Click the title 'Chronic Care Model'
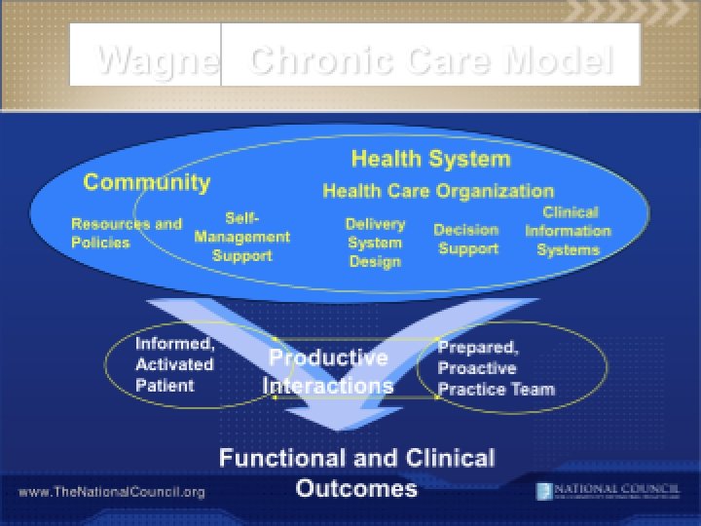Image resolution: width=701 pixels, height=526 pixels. [430, 60]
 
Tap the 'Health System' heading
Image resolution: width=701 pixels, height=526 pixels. [430, 159]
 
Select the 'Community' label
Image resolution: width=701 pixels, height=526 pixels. [146, 182]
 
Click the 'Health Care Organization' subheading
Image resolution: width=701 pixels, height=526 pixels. [438, 191]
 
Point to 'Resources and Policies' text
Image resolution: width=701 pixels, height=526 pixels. [126, 232]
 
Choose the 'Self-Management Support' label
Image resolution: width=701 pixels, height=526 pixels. [241, 237]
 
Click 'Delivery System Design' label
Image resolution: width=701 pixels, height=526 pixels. [375, 243]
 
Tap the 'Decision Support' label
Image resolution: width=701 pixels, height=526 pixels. [467, 239]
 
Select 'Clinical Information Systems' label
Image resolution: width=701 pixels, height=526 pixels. [569, 231]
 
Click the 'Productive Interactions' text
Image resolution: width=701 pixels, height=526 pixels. [328, 371]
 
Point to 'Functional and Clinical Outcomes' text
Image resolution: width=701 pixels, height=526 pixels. [356, 472]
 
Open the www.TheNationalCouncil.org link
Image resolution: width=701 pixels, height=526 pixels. [112, 492]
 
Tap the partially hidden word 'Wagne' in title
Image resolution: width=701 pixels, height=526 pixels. [157, 60]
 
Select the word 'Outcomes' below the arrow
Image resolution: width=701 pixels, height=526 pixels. [356, 487]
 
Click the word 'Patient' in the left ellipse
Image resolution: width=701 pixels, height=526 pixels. [165, 386]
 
